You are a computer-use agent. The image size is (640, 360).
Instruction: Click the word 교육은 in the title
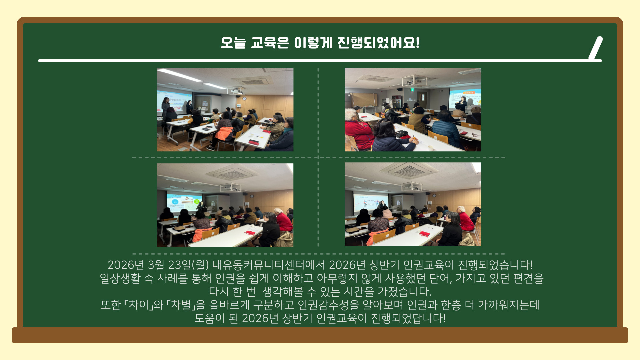[x=270, y=43]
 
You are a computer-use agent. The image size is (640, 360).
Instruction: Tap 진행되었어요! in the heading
[x=378, y=43]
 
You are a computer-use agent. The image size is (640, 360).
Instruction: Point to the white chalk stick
[x=596, y=48]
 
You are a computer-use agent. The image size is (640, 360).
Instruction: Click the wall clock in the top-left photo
[x=244, y=98]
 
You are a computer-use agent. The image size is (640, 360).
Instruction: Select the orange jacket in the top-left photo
[x=224, y=133]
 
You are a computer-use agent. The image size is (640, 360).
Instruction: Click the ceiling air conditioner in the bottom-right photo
[x=409, y=171]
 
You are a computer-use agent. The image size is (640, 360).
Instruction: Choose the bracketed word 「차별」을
[x=186, y=305]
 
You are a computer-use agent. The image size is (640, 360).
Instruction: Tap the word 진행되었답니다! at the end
[x=408, y=318]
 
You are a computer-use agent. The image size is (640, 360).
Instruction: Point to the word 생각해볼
[x=283, y=292]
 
